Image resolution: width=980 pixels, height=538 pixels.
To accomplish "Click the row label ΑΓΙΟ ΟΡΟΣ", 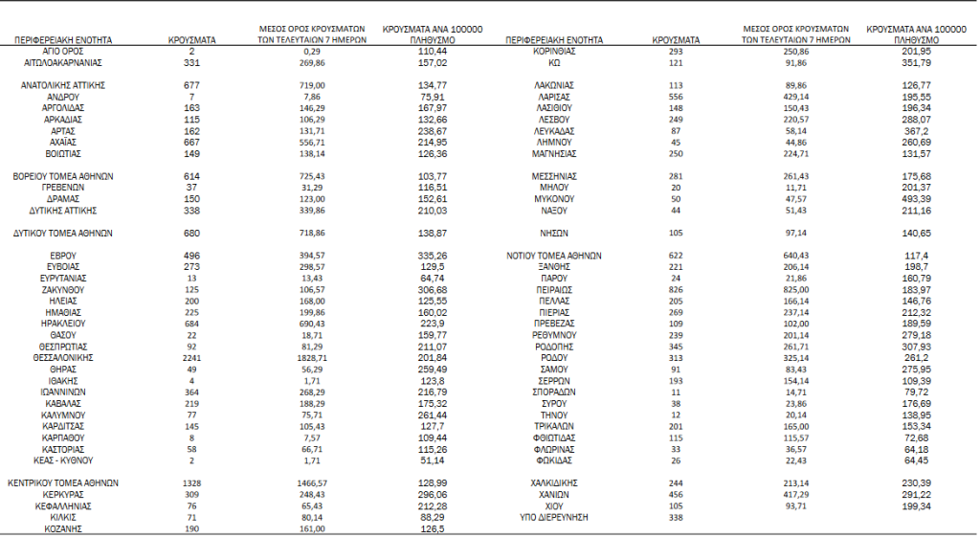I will point(64,51).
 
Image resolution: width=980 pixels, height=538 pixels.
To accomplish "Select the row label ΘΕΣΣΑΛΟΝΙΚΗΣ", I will point(64,357).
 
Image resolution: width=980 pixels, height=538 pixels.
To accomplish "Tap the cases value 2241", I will point(190,357).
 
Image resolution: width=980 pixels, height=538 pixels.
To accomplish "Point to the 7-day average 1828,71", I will point(312,357).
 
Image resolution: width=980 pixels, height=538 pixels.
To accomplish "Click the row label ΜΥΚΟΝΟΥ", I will point(554,199).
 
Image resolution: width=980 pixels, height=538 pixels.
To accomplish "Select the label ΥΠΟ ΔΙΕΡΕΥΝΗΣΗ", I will point(554,517).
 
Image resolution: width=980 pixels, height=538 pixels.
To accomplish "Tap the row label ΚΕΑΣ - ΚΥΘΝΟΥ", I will point(64,460).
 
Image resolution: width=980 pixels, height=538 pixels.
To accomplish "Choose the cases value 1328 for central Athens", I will point(190,482).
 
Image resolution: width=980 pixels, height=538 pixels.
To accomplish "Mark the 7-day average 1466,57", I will point(312,482).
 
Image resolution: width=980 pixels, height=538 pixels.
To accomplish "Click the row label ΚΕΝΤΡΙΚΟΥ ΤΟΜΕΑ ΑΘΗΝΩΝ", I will point(64,482).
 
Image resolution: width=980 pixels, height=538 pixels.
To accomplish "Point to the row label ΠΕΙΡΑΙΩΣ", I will point(554,289).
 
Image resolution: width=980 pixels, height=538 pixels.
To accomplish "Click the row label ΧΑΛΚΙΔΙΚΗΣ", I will point(554,482).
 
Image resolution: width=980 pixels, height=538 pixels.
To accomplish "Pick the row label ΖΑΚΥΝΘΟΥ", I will point(64,289).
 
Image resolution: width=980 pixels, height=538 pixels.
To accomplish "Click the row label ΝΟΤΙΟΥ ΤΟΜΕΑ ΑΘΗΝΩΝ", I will point(554,256).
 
